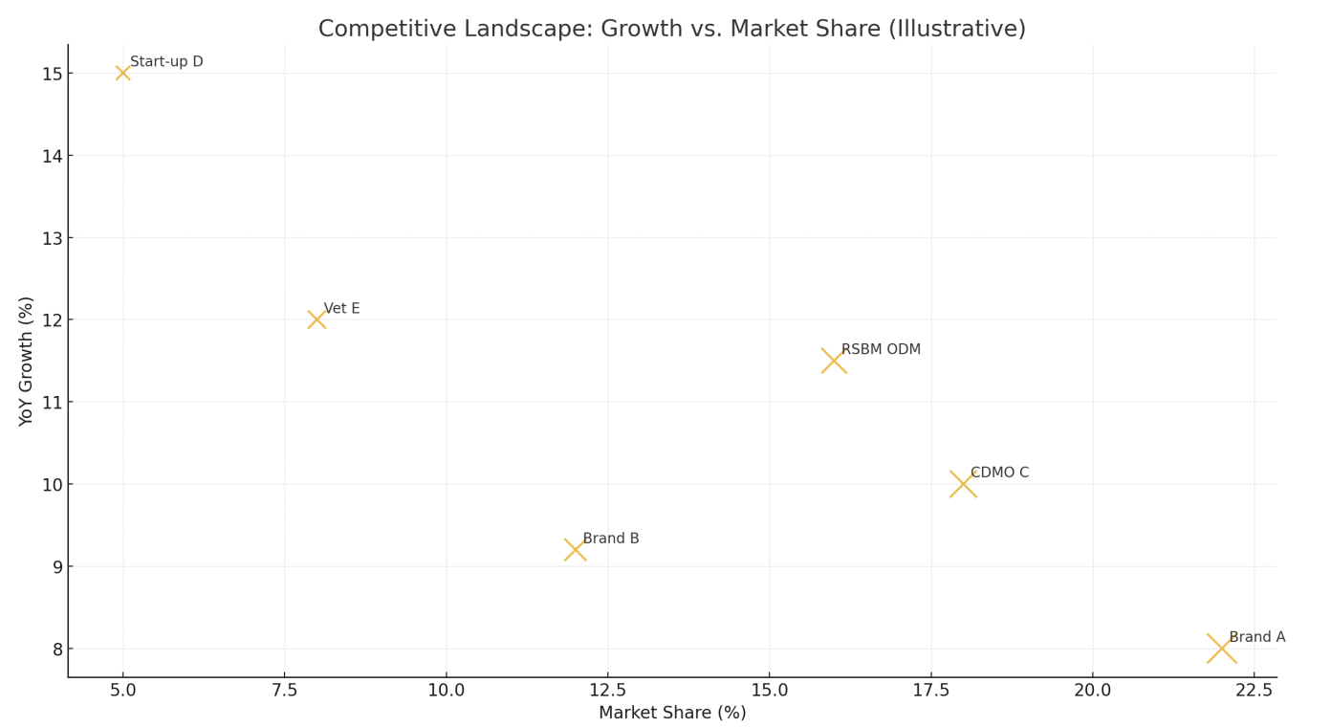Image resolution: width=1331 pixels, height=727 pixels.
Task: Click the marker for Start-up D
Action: pyautogui.click(x=122, y=73)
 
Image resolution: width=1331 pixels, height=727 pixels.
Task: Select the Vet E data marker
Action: pyautogui.click(x=316, y=319)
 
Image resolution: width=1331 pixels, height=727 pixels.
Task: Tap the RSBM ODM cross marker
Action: pyautogui.click(x=834, y=361)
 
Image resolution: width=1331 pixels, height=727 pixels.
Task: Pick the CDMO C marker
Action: pyautogui.click(x=963, y=484)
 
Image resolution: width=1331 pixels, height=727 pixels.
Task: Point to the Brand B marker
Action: pyautogui.click(x=575, y=550)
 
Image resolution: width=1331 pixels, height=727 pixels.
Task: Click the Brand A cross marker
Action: pyautogui.click(x=1221, y=649)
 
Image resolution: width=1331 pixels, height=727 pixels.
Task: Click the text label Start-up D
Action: pyautogui.click(x=166, y=62)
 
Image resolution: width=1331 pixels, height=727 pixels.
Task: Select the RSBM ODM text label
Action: pyautogui.click(x=881, y=350)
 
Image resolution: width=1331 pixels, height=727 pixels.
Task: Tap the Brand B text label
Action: pyautogui.click(x=610, y=539)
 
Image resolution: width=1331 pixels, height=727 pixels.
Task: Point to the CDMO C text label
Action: pyautogui.click(x=999, y=473)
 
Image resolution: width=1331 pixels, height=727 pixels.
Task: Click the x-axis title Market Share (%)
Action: pyautogui.click(x=672, y=713)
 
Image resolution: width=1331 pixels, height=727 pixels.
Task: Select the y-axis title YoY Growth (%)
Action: pyautogui.click(x=27, y=361)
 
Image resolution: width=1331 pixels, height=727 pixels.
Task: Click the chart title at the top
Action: pyautogui.click(x=671, y=29)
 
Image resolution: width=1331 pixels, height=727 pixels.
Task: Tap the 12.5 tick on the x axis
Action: pyautogui.click(x=607, y=691)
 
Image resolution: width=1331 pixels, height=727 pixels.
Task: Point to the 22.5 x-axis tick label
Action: pyautogui.click(x=1254, y=691)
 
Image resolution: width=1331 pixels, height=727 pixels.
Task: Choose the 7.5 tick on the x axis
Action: pyautogui.click(x=284, y=691)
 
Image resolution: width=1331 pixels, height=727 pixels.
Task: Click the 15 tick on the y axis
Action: pyautogui.click(x=52, y=74)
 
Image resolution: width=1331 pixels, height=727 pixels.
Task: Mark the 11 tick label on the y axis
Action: pyautogui.click(x=52, y=403)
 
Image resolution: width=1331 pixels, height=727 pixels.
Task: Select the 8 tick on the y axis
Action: pyautogui.click(x=56, y=650)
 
